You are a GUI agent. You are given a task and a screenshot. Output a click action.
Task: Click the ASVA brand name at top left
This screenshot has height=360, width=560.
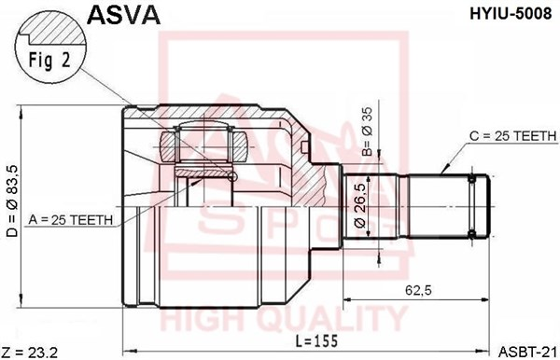click(124, 15)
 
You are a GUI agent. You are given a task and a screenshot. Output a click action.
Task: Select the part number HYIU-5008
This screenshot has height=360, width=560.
click(511, 14)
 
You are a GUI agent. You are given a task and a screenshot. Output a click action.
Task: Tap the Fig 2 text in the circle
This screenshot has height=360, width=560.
click(49, 61)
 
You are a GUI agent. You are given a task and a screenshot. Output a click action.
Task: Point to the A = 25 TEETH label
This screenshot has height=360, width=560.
click(70, 220)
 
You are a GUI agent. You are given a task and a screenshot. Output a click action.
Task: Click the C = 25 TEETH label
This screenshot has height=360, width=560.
click(512, 136)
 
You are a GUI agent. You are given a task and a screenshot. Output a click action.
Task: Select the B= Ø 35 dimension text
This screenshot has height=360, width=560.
click(367, 132)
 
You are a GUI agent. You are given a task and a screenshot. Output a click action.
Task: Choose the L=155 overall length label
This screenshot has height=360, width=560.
click(316, 341)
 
